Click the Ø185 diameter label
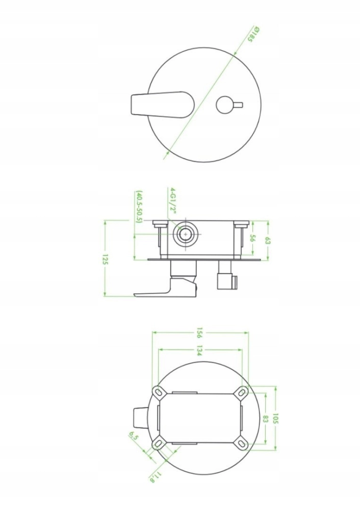point(253,35)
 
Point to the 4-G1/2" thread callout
point(173,200)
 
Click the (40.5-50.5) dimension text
point(139,207)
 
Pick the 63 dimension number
point(268,241)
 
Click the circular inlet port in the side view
point(185,234)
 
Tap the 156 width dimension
point(200,333)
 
